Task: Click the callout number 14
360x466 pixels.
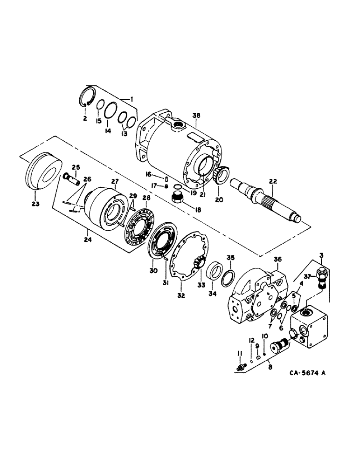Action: [x=108, y=132]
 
